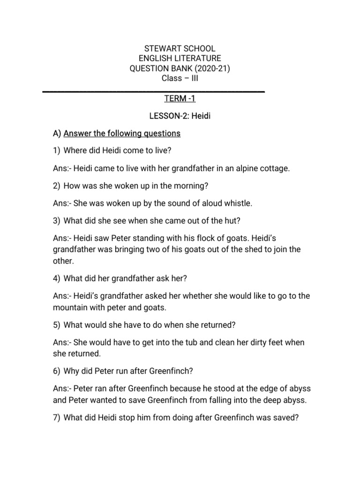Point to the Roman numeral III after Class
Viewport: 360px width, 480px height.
click(193, 78)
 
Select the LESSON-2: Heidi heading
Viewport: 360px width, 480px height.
click(180, 116)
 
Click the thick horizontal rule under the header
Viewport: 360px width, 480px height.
click(154, 91)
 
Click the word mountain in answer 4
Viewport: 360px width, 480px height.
click(73, 307)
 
